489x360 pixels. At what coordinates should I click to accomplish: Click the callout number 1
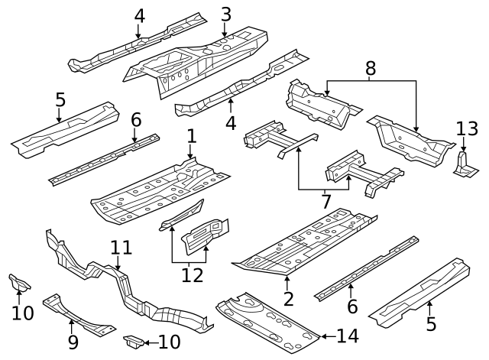[x=191, y=137]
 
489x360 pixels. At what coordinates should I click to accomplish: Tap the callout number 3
[x=225, y=14]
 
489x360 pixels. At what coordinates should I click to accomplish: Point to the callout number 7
[x=326, y=202]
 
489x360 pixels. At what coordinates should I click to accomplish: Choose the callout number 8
[x=371, y=68]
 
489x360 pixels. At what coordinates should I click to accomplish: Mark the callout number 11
[x=121, y=248]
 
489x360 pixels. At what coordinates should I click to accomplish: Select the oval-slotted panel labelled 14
[x=267, y=320]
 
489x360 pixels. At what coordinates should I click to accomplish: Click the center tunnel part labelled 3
[x=199, y=61]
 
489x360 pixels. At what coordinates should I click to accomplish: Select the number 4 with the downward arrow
[x=138, y=15]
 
